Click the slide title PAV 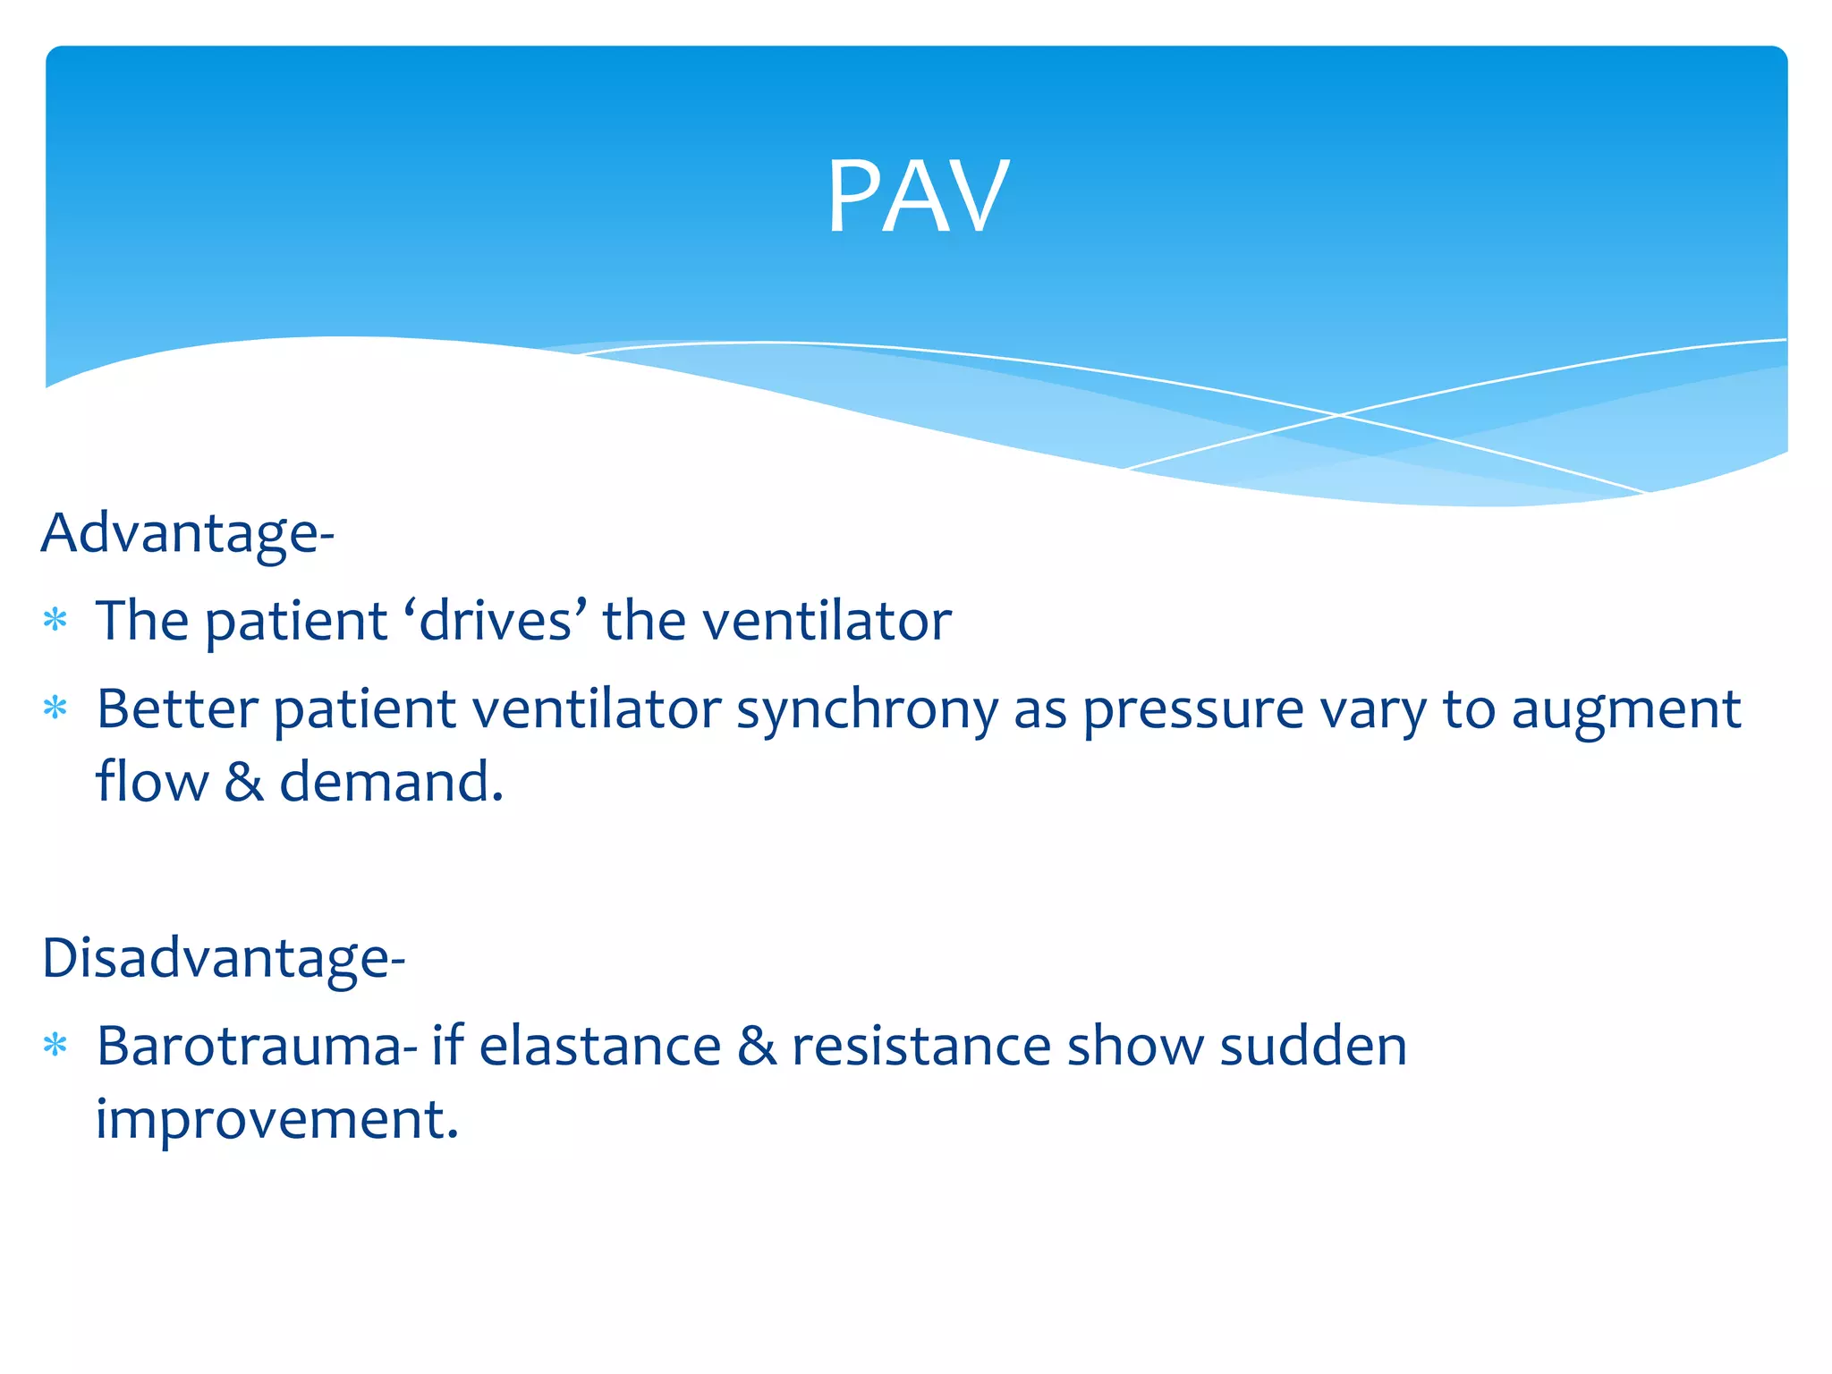click(x=917, y=197)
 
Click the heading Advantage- click(x=188, y=533)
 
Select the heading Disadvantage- click(x=224, y=958)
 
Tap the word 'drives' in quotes click(x=496, y=620)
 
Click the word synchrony click(x=866, y=711)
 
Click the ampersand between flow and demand click(x=243, y=782)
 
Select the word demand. click(x=391, y=782)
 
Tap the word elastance click(x=600, y=1046)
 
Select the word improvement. click(x=276, y=1119)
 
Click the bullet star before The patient click(x=55, y=620)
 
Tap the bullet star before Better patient click(x=55, y=708)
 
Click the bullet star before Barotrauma click(x=55, y=1045)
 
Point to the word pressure click(x=1193, y=711)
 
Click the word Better click(x=177, y=709)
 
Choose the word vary click(x=1373, y=711)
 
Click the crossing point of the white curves click(x=1339, y=415)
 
